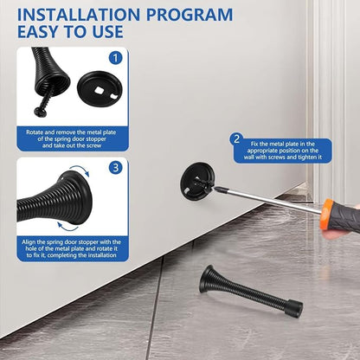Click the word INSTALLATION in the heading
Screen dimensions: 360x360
click(x=79, y=15)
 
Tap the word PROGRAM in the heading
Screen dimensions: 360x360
click(x=190, y=15)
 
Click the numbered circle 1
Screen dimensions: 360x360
click(x=115, y=58)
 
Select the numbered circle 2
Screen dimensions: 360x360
click(x=236, y=139)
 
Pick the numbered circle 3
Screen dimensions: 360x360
click(x=116, y=168)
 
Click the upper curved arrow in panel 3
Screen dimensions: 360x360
click(x=81, y=169)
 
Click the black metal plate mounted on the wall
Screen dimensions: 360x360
click(x=197, y=179)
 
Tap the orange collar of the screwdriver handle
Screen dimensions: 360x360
click(x=326, y=214)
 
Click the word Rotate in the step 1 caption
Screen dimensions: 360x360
click(x=35, y=132)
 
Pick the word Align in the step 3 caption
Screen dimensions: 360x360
click(x=29, y=241)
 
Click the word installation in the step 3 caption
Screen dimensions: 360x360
click(x=101, y=255)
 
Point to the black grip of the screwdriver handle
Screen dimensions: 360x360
click(x=345, y=219)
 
